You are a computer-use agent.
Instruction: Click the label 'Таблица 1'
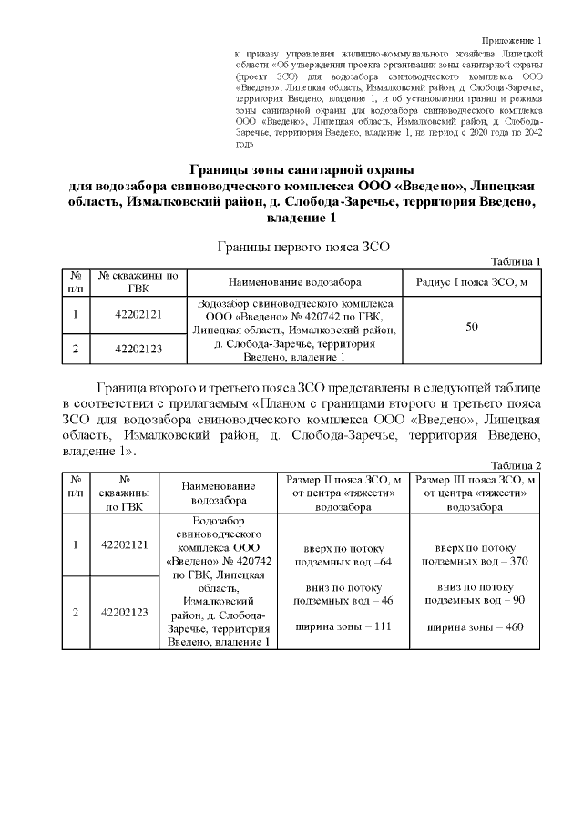click(516, 261)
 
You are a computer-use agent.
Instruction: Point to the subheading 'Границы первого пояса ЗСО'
click(301, 246)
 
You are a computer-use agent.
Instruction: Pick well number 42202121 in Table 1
click(138, 314)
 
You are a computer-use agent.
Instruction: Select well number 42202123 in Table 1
click(138, 348)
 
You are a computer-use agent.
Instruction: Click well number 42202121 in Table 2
click(125, 544)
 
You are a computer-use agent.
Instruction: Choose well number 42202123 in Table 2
click(125, 612)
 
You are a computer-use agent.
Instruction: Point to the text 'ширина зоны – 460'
click(476, 626)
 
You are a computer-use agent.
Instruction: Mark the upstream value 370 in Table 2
click(518, 561)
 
